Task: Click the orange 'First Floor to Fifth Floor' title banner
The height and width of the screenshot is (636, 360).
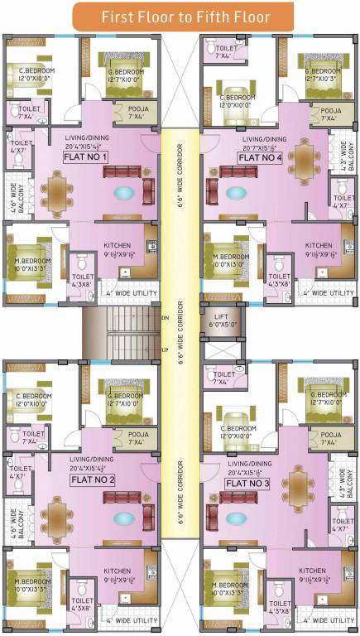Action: click(180, 16)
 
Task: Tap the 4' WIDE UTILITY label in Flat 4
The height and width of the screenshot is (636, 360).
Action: click(328, 292)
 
